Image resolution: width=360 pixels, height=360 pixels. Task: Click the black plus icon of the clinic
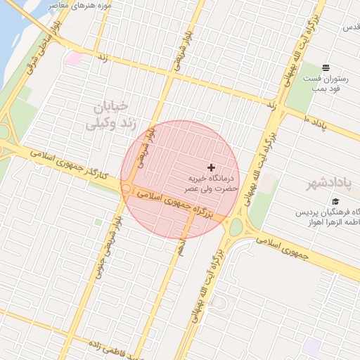211,167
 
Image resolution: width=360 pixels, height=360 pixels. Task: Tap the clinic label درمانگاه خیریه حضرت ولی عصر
210,184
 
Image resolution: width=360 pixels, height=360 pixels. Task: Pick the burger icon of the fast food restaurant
326,67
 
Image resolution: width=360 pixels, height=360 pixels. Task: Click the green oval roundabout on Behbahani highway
236,226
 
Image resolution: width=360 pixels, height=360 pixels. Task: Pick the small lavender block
311,346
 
